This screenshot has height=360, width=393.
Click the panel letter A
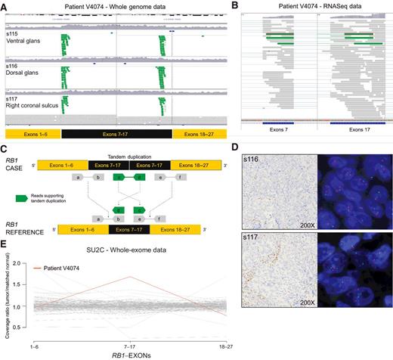click(x=5, y=5)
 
